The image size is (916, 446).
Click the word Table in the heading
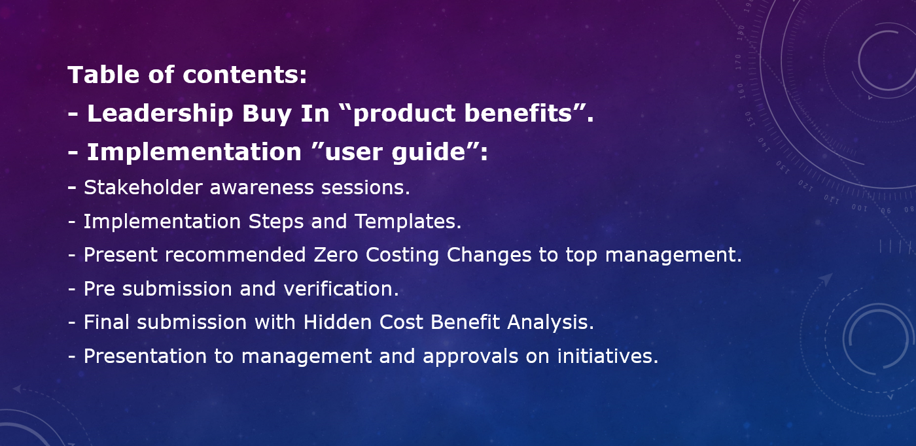click(103, 75)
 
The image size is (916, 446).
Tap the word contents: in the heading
click(245, 75)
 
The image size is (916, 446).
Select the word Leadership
click(160, 113)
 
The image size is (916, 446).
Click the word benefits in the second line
click(518, 113)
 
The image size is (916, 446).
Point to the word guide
click(429, 152)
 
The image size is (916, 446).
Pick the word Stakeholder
click(143, 188)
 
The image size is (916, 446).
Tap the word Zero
click(336, 254)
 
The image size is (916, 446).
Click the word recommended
click(235, 254)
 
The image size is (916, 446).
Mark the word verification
click(341, 288)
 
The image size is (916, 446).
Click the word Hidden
click(338, 322)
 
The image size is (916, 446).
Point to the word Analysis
click(550, 323)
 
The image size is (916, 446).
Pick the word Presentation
click(145, 356)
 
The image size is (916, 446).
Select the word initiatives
click(608, 356)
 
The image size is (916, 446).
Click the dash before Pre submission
click(72, 289)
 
